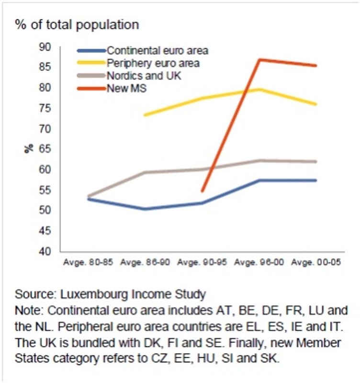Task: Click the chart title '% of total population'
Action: click(x=77, y=25)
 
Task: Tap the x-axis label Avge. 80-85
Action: click(x=88, y=263)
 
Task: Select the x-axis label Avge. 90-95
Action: click(x=202, y=263)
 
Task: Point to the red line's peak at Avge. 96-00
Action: click(x=259, y=59)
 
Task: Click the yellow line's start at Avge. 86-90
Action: click(x=145, y=115)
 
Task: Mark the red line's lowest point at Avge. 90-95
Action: click(x=202, y=191)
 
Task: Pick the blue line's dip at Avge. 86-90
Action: click(x=145, y=209)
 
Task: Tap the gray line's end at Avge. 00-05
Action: click(x=316, y=162)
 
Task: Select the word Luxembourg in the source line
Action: click(x=90, y=294)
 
